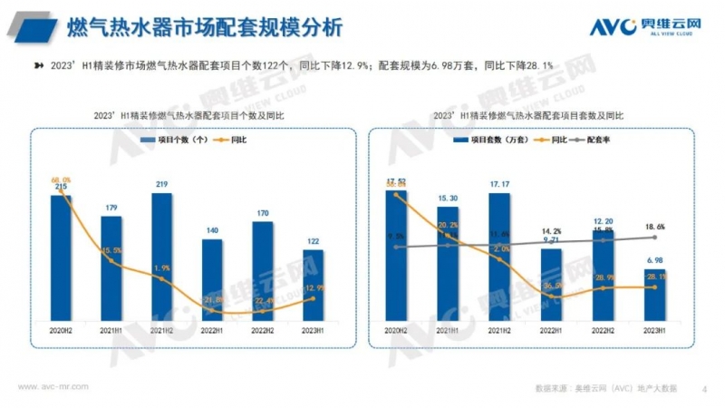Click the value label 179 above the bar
click(x=111, y=209)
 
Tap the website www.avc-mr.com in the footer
click(x=53, y=385)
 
